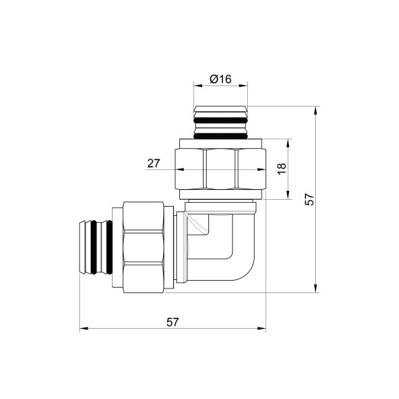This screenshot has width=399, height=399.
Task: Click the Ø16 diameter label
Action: coord(220,79)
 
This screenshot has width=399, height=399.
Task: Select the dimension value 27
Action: coord(153,162)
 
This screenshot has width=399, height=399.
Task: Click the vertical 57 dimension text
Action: coord(310,198)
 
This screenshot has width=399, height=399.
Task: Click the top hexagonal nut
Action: coord(220,169)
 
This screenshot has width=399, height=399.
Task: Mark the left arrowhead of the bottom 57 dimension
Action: coord(82,330)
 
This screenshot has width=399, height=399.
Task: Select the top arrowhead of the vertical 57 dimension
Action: coord(316,108)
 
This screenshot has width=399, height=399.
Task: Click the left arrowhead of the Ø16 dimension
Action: coord(195,88)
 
